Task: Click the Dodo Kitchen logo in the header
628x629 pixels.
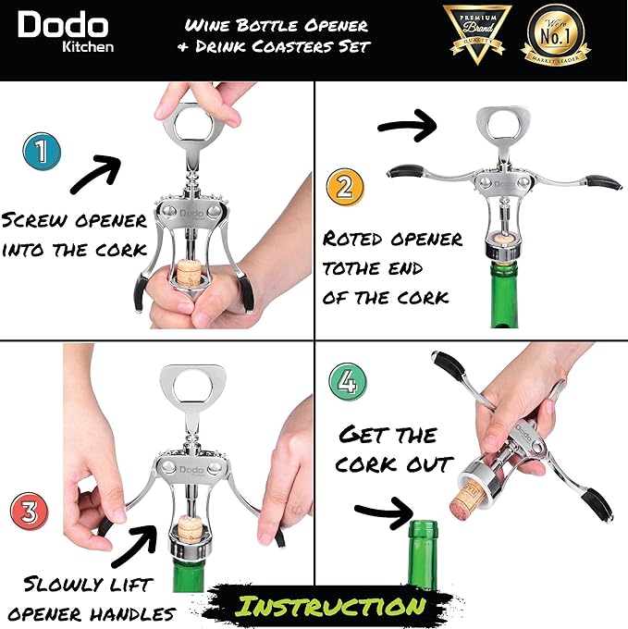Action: click(65, 32)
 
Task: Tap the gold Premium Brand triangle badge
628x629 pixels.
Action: click(477, 37)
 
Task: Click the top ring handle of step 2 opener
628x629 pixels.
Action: click(499, 130)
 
